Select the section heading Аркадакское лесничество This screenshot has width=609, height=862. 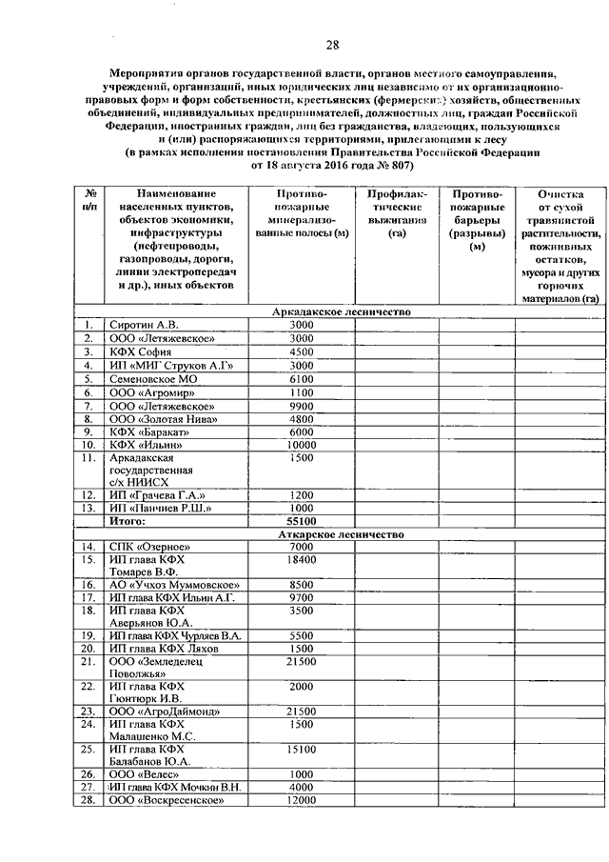tap(340, 311)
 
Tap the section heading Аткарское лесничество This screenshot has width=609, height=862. tap(339, 534)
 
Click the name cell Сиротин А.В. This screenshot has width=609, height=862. tap(144, 325)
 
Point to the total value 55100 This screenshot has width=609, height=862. tap(302, 521)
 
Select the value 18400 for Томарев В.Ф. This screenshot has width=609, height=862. tap(302, 561)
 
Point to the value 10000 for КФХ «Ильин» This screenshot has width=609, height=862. tap(302, 444)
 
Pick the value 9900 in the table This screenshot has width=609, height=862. tap(302, 405)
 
